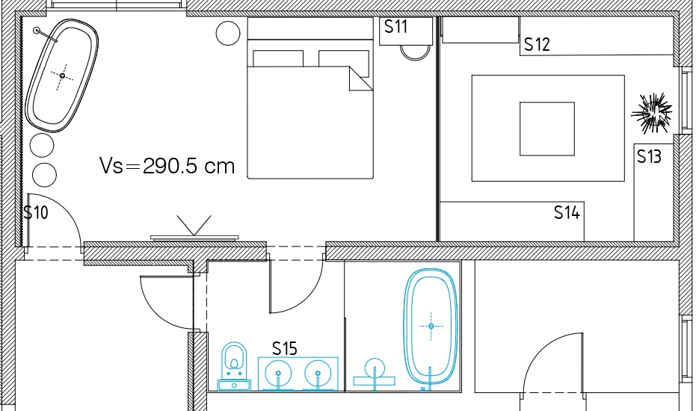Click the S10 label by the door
coord(36,213)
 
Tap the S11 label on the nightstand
coord(396,27)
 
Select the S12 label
coord(537,45)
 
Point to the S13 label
coord(649,156)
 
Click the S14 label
coord(567,212)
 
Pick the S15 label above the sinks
coord(284,348)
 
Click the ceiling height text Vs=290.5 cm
coord(167,166)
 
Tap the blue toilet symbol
coord(234,366)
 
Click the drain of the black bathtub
coord(62,76)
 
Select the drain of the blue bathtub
coord(431,327)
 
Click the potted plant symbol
coord(652,112)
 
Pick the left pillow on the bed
coord(278,59)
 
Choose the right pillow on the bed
coord(344,63)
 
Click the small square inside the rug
coord(547,129)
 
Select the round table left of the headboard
coord(228,33)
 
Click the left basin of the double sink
coord(279,374)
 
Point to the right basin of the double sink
coord(318,374)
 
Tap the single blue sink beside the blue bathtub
coord(375,372)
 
